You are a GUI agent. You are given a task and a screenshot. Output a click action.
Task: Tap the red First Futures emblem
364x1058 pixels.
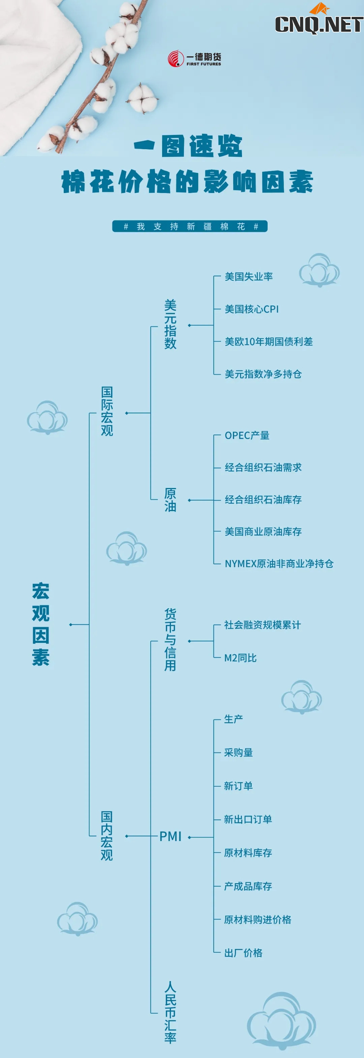(176, 58)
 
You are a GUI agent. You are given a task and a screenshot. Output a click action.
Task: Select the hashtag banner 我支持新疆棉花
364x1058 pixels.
(190, 226)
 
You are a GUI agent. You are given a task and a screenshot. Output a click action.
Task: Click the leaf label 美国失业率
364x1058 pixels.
(249, 276)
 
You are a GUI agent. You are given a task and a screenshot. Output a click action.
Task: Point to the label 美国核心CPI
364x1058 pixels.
(251, 309)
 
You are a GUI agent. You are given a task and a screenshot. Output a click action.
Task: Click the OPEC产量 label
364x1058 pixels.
(247, 435)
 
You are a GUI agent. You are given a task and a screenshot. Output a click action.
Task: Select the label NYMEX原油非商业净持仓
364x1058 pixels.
(279, 564)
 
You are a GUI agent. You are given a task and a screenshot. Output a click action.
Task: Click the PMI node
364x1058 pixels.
(170, 836)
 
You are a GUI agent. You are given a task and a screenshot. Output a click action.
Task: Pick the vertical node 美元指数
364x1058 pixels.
(170, 324)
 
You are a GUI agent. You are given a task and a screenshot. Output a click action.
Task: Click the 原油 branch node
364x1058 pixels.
(170, 500)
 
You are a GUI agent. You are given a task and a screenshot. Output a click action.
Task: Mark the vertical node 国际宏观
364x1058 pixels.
(107, 411)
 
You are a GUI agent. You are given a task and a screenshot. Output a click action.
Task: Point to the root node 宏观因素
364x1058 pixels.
(41, 624)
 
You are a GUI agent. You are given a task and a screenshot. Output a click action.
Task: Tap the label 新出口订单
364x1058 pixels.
(248, 819)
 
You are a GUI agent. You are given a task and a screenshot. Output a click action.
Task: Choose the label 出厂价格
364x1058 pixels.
(243, 953)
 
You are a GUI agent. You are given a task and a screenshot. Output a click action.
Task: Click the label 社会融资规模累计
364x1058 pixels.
(262, 625)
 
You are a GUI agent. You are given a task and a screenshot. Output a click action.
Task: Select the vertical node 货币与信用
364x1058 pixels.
(170, 640)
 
